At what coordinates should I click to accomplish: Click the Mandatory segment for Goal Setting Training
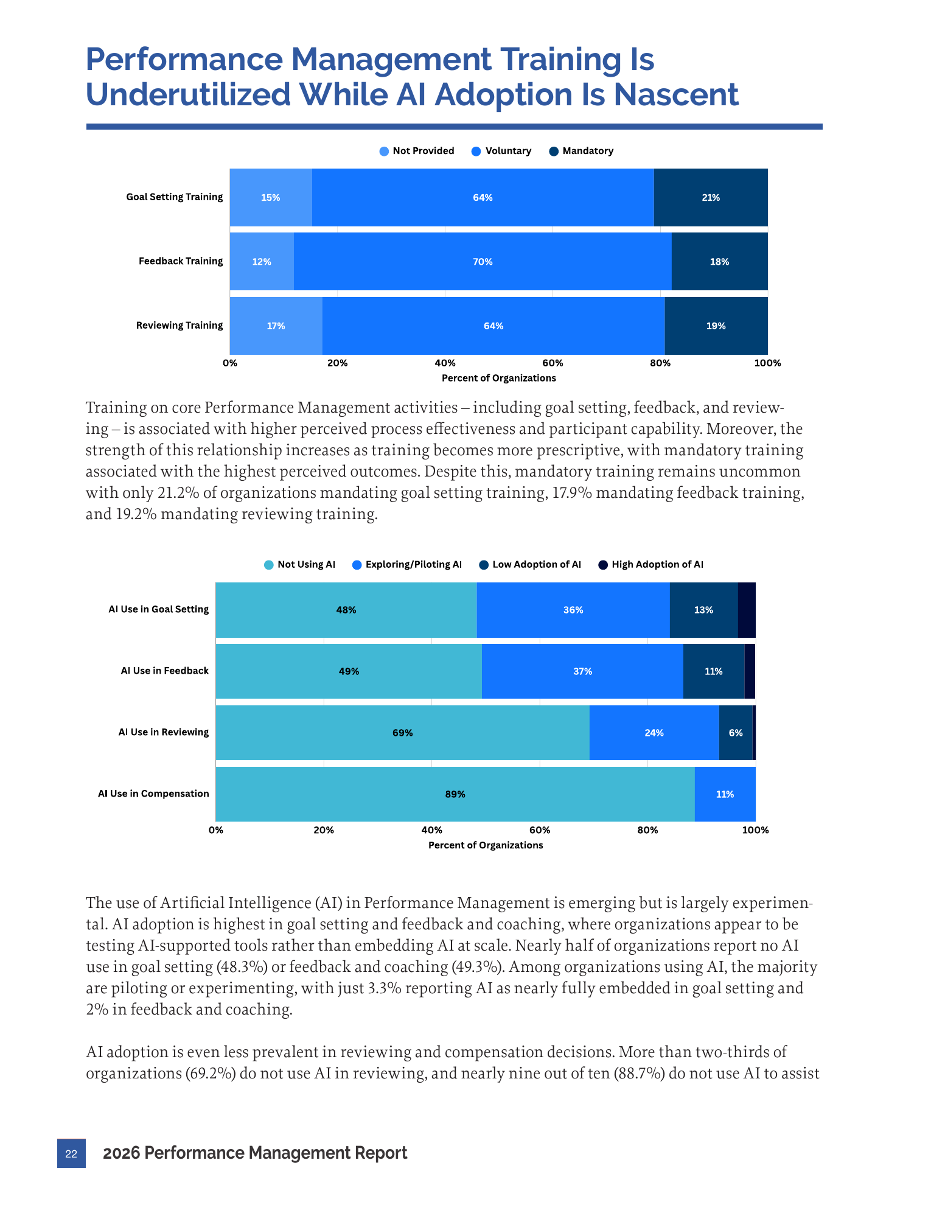click(711, 197)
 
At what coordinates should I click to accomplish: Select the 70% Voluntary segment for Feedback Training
click(483, 262)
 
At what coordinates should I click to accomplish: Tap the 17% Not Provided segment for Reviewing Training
click(276, 326)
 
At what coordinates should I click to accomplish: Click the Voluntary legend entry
click(501, 151)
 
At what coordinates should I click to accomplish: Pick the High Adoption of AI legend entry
click(651, 565)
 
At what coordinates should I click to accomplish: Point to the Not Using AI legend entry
click(299, 565)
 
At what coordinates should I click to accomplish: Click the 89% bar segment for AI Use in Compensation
click(455, 794)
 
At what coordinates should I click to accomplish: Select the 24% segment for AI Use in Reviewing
click(654, 733)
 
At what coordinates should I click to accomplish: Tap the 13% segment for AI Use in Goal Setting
click(703, 610)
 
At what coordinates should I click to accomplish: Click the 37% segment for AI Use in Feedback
click(582, 671)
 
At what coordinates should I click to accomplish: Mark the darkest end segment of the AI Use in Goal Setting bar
click(747, 610)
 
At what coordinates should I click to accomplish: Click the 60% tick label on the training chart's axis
click(553, 363)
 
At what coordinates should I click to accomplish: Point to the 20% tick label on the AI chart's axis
click(324, 830)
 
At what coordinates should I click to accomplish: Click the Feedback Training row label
click(181, 261)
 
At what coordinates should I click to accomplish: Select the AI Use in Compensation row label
click(153, 794)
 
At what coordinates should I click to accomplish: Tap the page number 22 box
click(71, 1153)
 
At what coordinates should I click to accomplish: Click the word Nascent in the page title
click(676, 95)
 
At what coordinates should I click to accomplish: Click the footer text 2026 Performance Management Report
click(255, 1153)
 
